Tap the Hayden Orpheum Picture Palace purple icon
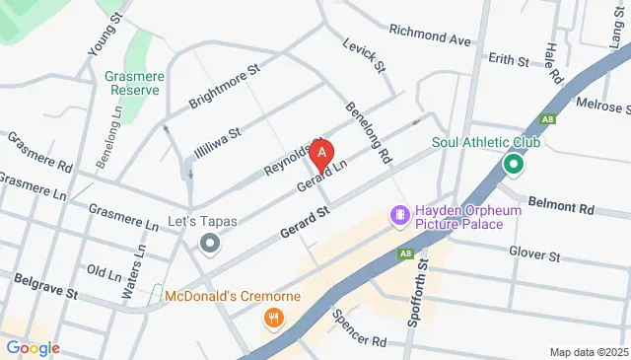(400, 214)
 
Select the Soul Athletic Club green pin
(513, 164)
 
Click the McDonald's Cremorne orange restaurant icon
(273, 318)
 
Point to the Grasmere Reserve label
(134, 83)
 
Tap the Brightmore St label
(226, 87)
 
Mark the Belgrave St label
(44, 288)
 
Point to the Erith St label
(509, 60)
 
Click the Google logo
(32, 348)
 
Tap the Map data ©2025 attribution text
(588, 352)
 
